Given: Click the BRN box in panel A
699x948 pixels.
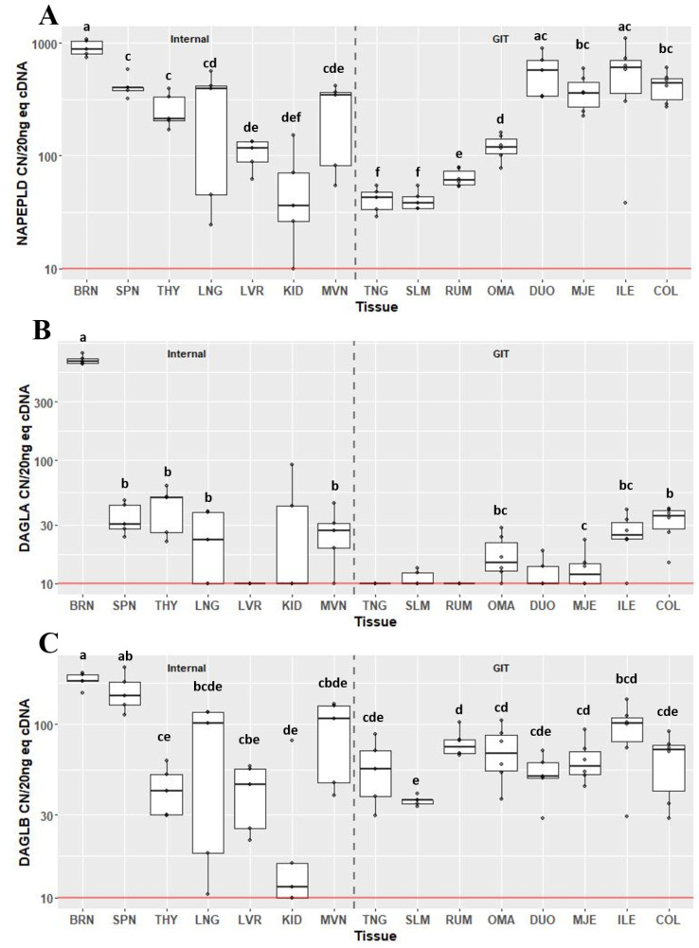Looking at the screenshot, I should click(x=86, y=47).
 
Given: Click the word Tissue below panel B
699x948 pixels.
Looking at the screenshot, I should click(x=377, y=621).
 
